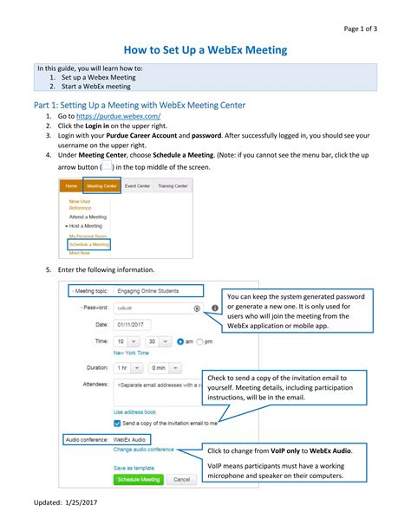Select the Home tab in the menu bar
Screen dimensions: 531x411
(x=70, y=185)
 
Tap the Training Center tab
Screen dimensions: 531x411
(x=173, y=185)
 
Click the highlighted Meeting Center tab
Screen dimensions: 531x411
(x=102, y=185)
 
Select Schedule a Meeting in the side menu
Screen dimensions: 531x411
(x=89, y=245)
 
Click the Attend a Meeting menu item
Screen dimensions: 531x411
(x=88, y=217)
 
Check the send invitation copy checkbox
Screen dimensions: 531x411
(x=118, y=423)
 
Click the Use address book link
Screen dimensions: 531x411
(x=134, y=411)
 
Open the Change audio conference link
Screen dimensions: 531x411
(x=143, y=450)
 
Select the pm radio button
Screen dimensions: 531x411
(x=200, y=342)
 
